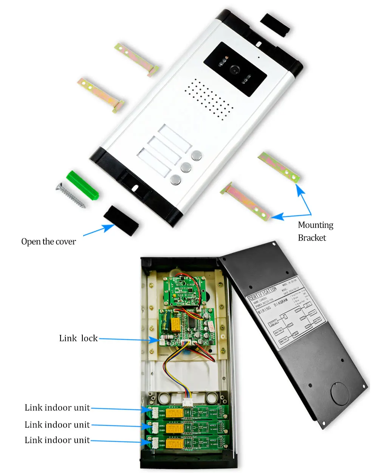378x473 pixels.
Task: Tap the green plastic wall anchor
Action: [x=82, y=185]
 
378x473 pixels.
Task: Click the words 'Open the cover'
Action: [x=48, y=242]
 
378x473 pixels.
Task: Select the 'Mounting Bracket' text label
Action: [x=315, y=231]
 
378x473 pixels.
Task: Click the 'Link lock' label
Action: [x=78, y=338]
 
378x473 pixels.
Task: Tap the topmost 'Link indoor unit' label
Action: [x=57, y=408]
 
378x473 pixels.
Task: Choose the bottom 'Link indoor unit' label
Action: [x=57, y=440]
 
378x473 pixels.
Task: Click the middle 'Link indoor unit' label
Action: [x=57, y=425]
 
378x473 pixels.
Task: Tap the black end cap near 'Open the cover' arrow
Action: [x=121, y=220]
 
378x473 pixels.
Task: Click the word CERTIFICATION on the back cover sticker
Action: [x=263, y=294]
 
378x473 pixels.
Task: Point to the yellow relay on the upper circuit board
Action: [x=175, y=323]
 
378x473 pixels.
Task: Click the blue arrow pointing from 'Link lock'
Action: [x=129, y=339]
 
